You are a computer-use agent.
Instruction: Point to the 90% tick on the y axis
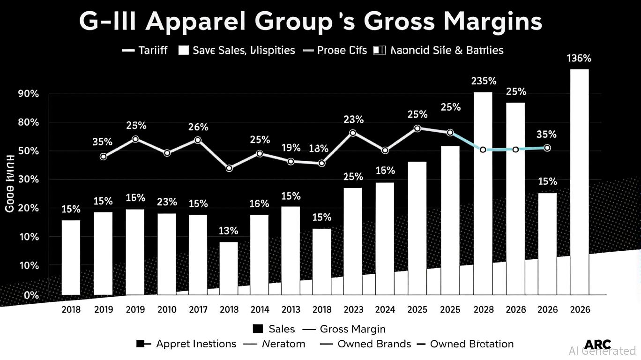[15, 94]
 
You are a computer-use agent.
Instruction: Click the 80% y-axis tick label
[15, 122]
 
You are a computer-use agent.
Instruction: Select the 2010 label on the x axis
[167, 310]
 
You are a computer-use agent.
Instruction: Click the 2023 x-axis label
[353, 310]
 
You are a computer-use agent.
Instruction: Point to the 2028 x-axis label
[484, 310]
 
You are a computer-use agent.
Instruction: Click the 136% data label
[579, 59]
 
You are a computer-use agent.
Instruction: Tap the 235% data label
[484, 81]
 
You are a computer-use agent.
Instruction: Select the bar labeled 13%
[229, 268]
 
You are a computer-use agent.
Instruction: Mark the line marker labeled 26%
[198, 140]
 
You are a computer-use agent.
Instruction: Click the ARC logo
[597, 344]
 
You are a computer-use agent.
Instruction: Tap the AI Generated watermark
[602, 351]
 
